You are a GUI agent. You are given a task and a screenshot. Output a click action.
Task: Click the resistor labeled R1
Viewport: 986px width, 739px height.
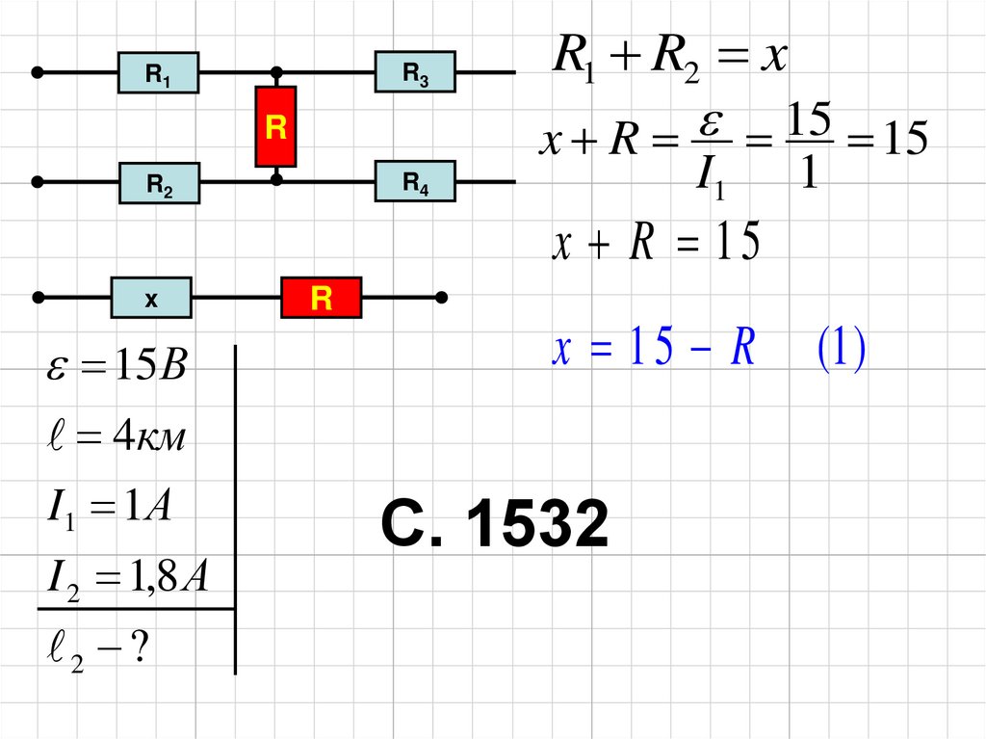158,73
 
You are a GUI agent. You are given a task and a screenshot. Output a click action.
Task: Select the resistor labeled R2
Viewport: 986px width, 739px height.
159,183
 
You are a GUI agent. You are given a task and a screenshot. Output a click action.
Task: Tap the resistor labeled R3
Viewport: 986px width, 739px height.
415,72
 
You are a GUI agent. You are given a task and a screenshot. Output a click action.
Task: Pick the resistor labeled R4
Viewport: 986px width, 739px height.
415,180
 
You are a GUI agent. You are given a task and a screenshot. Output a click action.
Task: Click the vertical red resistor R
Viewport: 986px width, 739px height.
276,127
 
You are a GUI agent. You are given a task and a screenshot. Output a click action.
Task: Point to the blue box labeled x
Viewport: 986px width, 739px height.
151,299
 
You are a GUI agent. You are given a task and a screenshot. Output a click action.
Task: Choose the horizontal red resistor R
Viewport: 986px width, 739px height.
321,298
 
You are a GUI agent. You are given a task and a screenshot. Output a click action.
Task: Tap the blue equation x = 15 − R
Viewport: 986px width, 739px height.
653,351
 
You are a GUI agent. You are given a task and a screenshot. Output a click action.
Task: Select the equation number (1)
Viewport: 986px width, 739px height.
842,351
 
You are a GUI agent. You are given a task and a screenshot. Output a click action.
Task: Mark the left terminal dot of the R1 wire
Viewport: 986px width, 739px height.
38,72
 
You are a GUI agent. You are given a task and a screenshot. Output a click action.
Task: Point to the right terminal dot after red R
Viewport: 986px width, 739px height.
441,297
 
